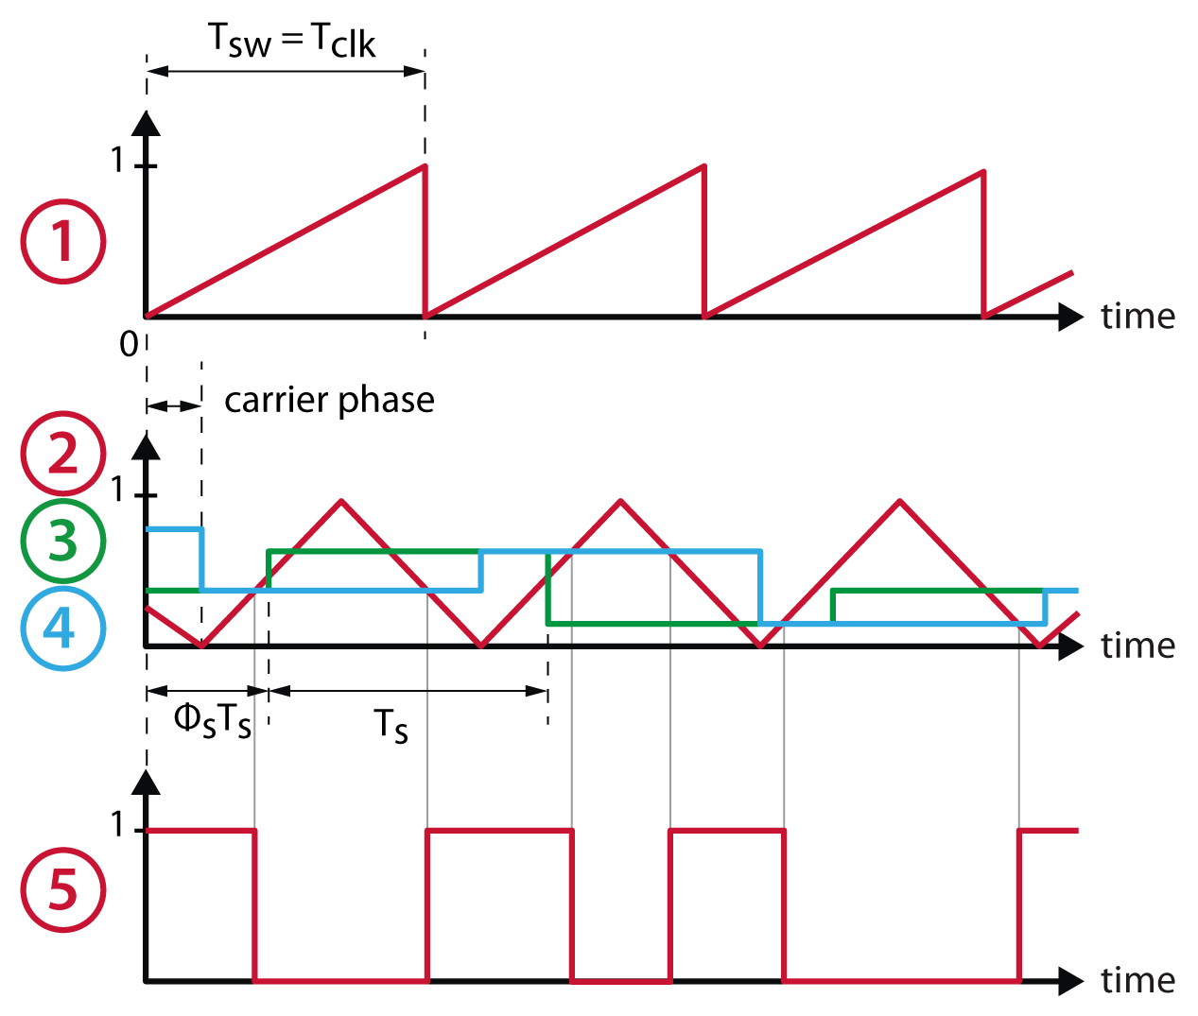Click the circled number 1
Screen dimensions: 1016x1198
point(62,241)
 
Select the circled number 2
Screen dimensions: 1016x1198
point(62,454)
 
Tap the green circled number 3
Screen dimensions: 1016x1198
point(62,541)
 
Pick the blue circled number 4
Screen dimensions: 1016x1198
point(62,628)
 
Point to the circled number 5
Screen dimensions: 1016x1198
point(62,889)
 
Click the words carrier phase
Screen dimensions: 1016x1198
point(329,400)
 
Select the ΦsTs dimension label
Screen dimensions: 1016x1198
point(213,722)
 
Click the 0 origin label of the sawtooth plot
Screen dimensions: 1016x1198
point(130,344)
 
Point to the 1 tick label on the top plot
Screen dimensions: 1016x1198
point(117,161)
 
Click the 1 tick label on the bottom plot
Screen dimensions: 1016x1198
point(117,825)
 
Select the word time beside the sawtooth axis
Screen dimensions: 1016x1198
point(1137,316)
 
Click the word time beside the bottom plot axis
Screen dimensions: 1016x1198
point(1137,980)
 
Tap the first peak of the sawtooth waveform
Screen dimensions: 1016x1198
point(424,167)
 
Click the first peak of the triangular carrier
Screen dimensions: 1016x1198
point(341,500)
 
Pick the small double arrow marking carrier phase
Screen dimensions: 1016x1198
point(174,405)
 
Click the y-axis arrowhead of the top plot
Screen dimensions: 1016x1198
point(146,124)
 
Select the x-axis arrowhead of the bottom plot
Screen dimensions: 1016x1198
point(1069,981)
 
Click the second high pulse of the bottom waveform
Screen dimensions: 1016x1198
point(499,831)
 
